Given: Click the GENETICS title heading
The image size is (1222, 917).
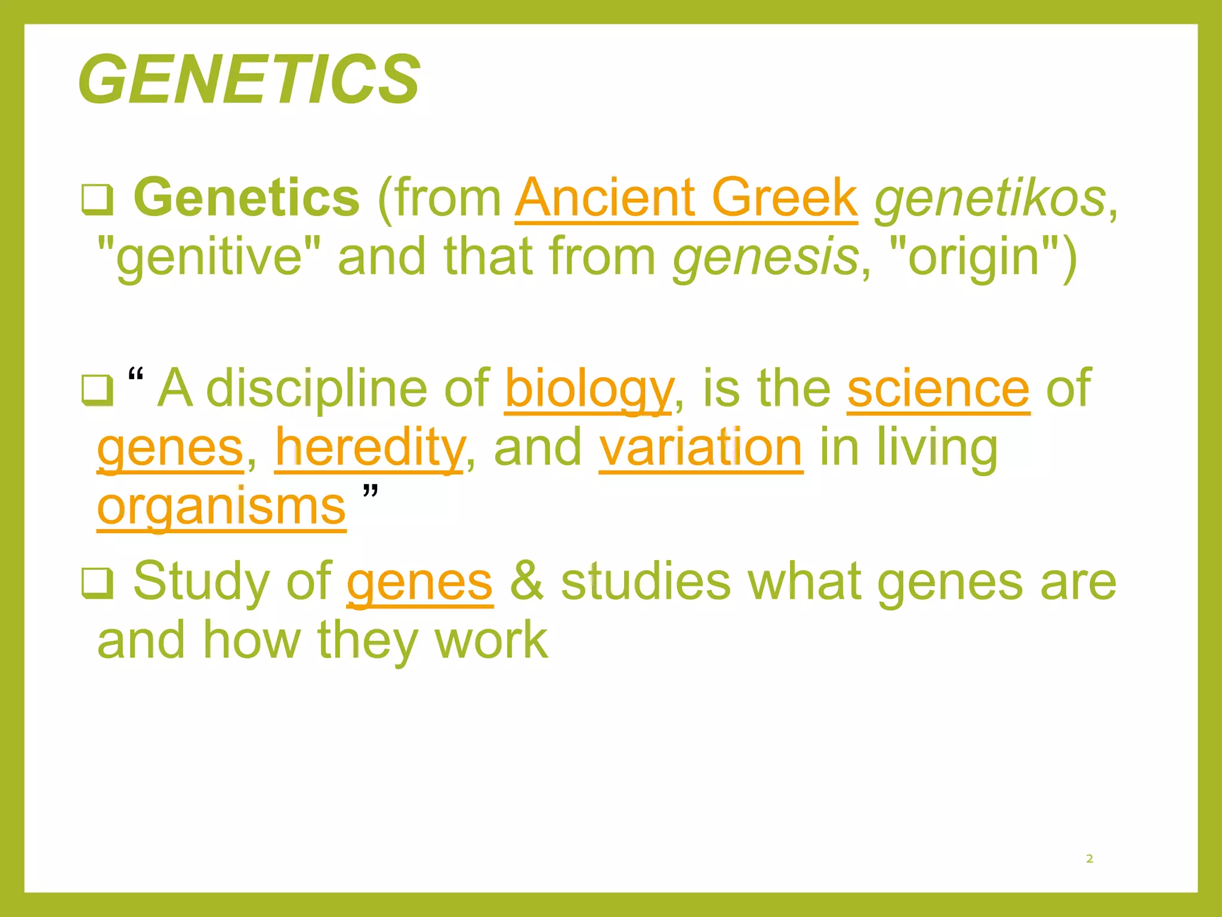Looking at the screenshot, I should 249,79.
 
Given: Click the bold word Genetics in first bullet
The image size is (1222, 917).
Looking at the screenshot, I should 246,198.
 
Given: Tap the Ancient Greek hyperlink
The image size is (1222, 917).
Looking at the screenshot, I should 686,198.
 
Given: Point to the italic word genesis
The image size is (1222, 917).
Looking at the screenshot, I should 766,257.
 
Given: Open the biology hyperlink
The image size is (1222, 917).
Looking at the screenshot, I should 589,389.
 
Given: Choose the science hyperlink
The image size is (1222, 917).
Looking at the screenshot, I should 938,389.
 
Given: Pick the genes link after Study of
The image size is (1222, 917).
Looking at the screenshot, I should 419,582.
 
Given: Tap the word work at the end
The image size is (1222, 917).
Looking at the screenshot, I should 490,640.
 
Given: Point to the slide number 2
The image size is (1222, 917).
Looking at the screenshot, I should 1090,858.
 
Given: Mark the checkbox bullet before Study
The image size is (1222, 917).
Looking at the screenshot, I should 97,583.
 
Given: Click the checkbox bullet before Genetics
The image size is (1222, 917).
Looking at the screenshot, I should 97,200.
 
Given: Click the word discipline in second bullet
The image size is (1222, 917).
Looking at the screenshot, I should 317,389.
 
